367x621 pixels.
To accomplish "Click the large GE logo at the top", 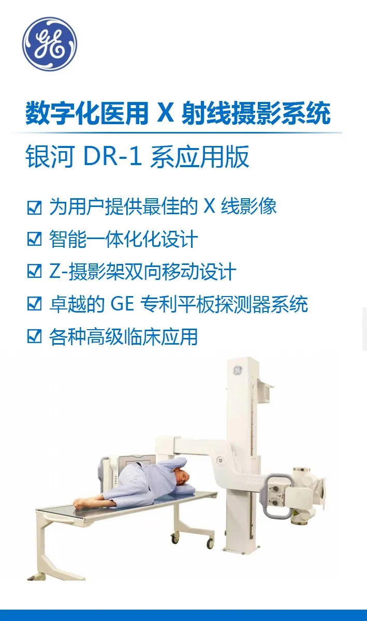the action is pyautogui.click(x=50, y=43).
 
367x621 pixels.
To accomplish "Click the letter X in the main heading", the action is pyautogui.click(x=165, y=113).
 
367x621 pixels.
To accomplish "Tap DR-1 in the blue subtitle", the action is pyautogui.click(x=112, y=157).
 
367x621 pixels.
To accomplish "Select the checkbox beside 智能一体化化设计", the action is pyautogui.click(x=34, y=239).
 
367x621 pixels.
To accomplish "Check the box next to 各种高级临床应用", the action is pyautogui.click(x=34, y=336).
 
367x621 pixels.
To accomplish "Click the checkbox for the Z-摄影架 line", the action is pyautogui.click(x=34, y=271).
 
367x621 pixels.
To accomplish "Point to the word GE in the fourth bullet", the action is pyautogui.click(x=122, y=304).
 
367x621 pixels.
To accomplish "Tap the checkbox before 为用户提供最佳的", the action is pyautogui.click(x=34, y=208).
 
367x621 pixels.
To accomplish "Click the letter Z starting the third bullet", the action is pyautogui.click(x=55, y=271).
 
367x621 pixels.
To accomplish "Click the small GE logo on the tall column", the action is pyautogui.click(x=238, y=370).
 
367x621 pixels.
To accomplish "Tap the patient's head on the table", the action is pyautogui.click(x=181, y=477).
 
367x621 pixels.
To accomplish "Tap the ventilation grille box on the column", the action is pyautogui.click(x=265, y=391).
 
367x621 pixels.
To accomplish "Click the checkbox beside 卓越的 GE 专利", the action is pyautogui.click(x=34, y=304).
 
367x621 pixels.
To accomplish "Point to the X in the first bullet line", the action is pyautogui.click(x=210, y=206).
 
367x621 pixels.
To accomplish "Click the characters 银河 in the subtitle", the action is pyautogui.click(x=50, y=157).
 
